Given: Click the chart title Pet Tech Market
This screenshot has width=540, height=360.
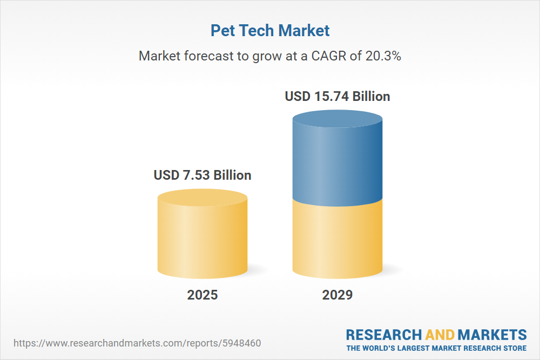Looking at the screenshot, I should coord(270,30).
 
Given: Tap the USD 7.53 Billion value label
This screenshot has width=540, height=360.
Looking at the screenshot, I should coord(202,175).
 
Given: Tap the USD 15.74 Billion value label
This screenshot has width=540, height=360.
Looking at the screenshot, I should coord(337,96).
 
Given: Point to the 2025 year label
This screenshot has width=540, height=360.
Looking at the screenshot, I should coord(202,295).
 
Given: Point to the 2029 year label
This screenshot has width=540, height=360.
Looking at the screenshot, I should coord(337,295).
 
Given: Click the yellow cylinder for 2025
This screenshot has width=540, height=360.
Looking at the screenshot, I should coord(202,237).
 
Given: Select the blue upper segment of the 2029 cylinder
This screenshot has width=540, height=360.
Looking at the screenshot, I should coord(337,162).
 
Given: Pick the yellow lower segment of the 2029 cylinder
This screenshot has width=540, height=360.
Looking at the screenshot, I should coord(337,237).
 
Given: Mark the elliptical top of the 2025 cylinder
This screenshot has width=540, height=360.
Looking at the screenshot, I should coord(202,198).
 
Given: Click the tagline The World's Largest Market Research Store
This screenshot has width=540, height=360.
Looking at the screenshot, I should coord(436,348).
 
